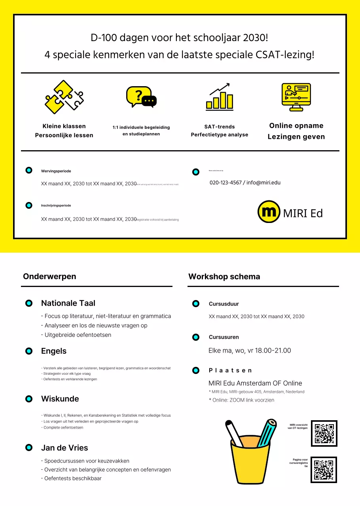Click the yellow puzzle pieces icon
tap(64, 97)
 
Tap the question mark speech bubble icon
tap(141, 97)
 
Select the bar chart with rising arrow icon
tap(220, 97)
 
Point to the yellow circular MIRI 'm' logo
tap(269, 212)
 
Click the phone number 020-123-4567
tap(225, 183)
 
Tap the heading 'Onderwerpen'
tap(49, 276)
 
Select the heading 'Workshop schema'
tap(224, 276)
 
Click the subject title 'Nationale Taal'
tap(68, 303)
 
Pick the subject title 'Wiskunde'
tap(60, 399)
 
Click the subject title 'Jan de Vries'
tap(64, 448)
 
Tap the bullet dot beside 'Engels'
tap(29, 351)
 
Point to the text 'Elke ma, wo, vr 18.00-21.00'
tap(250, 351)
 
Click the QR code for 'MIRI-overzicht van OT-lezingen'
tap(324, 433)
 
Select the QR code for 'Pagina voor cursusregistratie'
tap(324, 470)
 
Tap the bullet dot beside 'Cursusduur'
tap(195, 304)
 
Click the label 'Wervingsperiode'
tap(56, 171)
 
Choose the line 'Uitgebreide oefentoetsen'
tap(78, 335)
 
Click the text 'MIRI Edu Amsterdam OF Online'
tap(255, 383)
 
